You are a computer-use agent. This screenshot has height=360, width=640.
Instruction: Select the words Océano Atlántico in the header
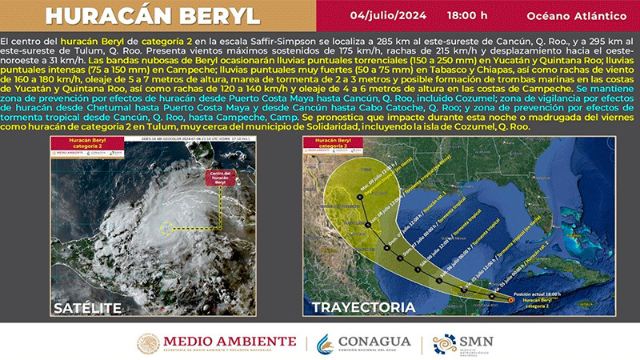[570, 16]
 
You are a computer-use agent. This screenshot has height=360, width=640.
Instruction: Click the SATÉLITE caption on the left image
[87, 307]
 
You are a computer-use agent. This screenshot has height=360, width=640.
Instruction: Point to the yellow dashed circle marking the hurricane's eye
[170, 229]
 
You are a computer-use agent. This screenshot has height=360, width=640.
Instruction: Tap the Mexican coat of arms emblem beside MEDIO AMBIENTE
[149, 343]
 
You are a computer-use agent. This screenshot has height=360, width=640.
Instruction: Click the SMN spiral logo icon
[445, 343]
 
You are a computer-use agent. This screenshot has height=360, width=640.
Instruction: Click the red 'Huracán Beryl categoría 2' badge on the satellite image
[72, 144]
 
